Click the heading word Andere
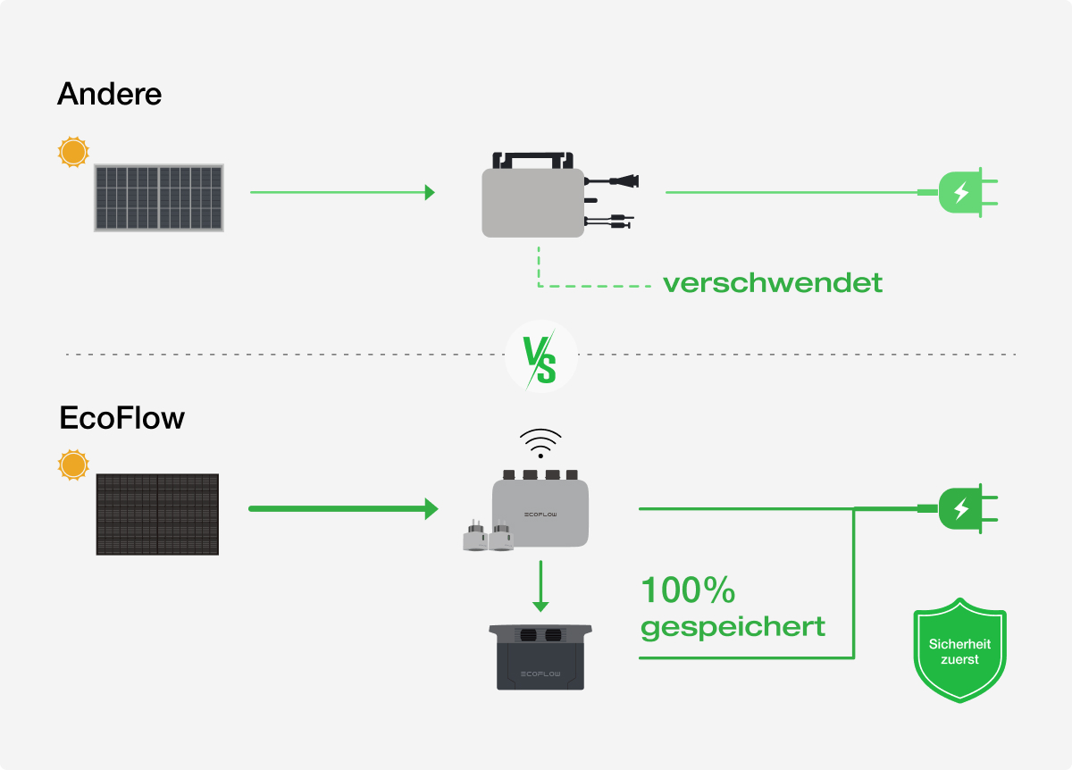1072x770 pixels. (109, 94)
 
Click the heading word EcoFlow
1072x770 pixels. (121, 418)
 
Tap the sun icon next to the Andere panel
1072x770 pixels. (73, 152)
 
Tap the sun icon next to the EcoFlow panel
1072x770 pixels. (73, 465)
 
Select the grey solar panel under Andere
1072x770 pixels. (159, 197)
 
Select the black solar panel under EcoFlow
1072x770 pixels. (157, 515)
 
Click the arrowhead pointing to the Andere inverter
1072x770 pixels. (430, 192)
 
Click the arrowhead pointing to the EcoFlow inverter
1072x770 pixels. (431, 509)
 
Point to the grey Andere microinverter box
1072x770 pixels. (533, 203)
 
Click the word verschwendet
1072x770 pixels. (773, 283)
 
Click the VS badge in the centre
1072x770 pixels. (540, 356)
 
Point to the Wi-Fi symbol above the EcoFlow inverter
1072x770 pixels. (540, 442)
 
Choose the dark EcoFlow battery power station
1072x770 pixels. (540, 657)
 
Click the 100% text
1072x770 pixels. (688, 590)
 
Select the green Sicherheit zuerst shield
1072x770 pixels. (959, 650)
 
